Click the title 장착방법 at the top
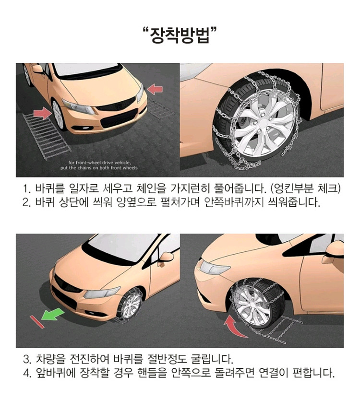(180, 36)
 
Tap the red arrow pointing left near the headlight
(155, 89)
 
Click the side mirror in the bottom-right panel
(335, 249)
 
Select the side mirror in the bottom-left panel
(166, 257)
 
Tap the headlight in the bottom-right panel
(214, 266)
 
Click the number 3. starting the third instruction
(27, 359)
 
